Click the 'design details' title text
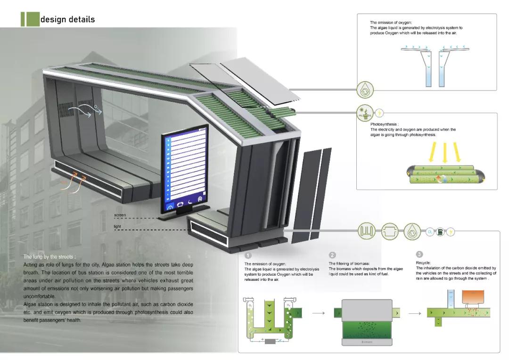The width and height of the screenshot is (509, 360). point(67,19)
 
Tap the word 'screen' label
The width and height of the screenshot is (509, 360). point(120,215)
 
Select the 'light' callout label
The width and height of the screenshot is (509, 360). point(117,227)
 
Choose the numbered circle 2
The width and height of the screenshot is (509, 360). point(332,255)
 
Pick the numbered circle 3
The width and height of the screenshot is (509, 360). point(419,254)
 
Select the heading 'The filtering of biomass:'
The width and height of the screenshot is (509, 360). point(349,263)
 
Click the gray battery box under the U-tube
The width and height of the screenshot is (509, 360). point(270,341)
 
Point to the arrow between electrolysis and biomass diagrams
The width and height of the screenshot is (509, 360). point(319,312)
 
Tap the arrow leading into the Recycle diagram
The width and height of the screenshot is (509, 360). point(415,312)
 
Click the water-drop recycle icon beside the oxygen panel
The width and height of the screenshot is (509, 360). point(365,89)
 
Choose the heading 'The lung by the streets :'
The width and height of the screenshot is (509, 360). point(49,257)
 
